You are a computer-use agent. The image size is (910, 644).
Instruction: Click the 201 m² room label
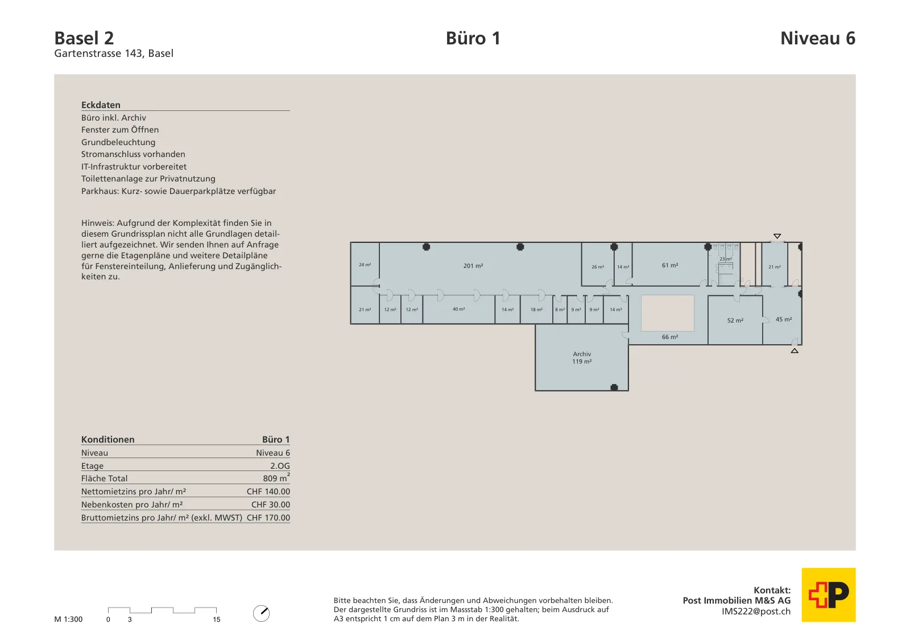pos(473,266)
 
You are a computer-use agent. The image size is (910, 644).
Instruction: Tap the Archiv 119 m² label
pos(582,357)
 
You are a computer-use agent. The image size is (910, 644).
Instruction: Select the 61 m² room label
pos(670,265)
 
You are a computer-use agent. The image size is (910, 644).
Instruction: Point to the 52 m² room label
pos(735,320)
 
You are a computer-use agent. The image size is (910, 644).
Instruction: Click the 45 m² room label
pos(784,319)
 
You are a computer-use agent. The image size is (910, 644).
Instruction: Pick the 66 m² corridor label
pos(670,337)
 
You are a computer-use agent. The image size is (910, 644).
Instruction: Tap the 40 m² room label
pos(458,309)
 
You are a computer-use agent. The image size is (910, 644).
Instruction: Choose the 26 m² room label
pos(598,267)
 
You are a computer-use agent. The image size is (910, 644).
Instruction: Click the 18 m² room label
pos(536,309)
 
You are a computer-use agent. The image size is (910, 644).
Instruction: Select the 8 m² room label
pos(560,309)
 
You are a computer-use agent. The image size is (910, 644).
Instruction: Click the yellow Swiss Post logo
pos(828,595)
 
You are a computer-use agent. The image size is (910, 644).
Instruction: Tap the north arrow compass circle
pos(261,613)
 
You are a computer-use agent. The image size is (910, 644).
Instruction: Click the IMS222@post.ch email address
pos(756,612)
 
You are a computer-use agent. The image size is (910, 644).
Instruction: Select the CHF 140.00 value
pos(268,491)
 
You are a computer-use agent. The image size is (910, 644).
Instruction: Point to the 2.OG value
pos(280,465)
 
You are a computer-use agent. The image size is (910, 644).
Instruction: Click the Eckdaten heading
pos(101,105)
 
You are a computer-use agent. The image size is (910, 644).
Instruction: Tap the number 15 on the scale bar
pos(217,619)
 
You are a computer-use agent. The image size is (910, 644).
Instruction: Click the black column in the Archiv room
pos(614,387)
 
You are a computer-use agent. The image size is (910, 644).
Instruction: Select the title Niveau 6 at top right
pos(818,38)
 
